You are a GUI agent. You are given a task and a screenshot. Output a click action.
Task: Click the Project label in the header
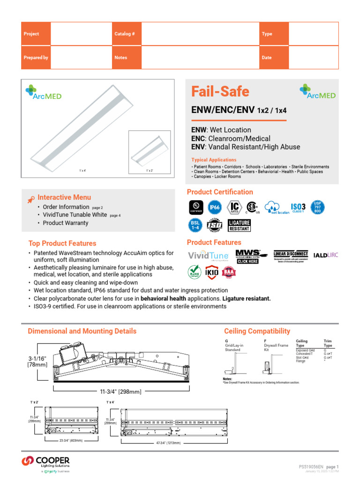point(31,34)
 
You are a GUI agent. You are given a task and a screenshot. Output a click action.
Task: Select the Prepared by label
point(36,58)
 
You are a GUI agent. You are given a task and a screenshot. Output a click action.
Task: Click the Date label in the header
point(267,58)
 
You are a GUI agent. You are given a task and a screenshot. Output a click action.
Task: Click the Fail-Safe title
point(220,91)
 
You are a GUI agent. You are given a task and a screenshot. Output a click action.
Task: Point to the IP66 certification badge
point(214,207)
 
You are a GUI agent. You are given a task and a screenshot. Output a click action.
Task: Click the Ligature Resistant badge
point(239,225)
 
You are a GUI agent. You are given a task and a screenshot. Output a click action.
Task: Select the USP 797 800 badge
point(318,207)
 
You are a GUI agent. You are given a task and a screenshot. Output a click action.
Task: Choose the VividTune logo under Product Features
point(208,256)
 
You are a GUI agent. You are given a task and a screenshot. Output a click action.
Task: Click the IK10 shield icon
point(213,271)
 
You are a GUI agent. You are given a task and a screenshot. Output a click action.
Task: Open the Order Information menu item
point(66,207)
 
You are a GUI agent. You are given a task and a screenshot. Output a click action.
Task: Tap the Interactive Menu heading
point(64,197)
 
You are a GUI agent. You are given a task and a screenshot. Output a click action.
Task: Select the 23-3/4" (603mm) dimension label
point(71,441)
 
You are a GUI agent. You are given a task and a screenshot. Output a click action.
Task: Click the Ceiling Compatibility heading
point(257,331)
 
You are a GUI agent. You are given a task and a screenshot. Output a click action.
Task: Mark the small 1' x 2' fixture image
point(149,154)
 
